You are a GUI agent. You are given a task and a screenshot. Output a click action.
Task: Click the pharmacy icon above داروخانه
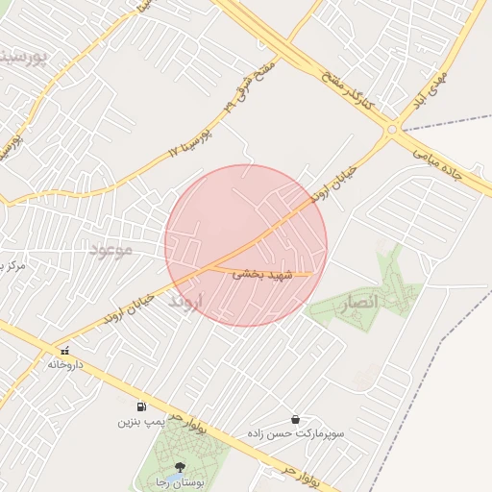click(x=64, y=351)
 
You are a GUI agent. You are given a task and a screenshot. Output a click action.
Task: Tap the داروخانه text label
click(x=66, y=365)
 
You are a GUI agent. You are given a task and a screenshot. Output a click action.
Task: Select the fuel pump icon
click(x=142, y=406)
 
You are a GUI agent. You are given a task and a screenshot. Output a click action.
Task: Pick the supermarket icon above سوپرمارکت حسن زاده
click(x=294, y=419)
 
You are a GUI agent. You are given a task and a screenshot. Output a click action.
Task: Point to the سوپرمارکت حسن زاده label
click(x=294, y=434)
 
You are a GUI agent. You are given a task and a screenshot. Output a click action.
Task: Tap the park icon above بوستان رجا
click(x=178, y=467)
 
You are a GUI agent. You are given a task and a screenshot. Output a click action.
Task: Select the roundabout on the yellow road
click(x=392, y=130)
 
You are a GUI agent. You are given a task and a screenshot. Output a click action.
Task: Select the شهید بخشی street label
click(x=260, y=275)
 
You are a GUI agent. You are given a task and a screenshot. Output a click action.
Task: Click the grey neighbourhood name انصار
click(x=361, y=302)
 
